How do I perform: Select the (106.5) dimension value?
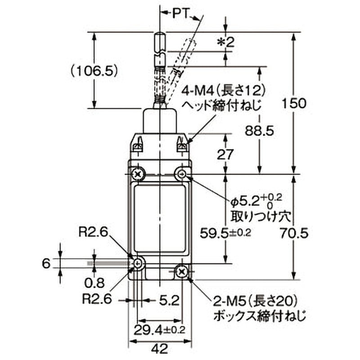(94, 71)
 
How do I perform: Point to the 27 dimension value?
(225, 154)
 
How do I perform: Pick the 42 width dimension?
(160, 348)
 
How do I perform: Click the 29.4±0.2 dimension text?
(159, 329)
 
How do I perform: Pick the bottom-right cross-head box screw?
(182, 271)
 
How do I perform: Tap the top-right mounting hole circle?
(182, 174)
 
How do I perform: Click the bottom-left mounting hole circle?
(138, 264)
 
